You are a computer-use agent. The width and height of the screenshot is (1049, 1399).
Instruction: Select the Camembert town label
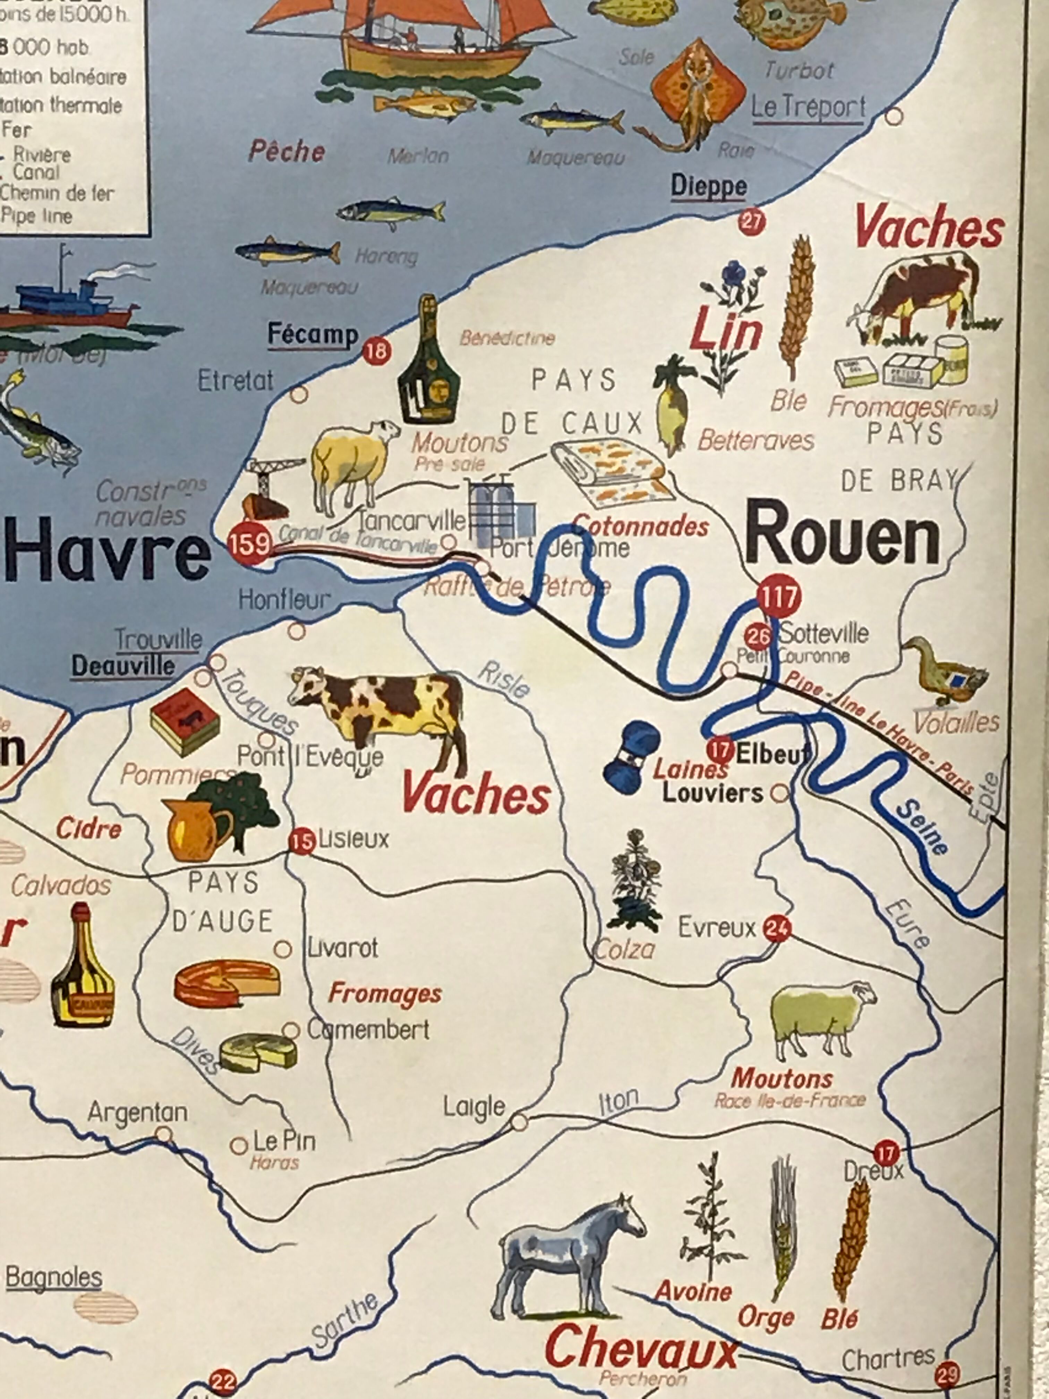(367, 1029)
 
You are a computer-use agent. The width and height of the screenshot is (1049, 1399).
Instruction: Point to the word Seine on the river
(922, 826)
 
